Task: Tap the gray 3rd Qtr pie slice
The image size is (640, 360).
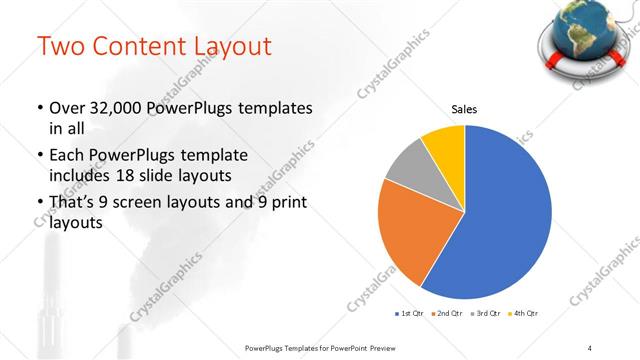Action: [406, 166]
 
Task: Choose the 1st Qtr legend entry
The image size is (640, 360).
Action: [410, 314]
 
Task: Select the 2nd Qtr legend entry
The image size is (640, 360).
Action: [448, 314]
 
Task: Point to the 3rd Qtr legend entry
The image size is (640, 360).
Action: [487, 314]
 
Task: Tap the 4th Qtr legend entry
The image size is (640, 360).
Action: [524, 314]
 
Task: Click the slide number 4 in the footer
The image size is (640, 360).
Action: [590, 346]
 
